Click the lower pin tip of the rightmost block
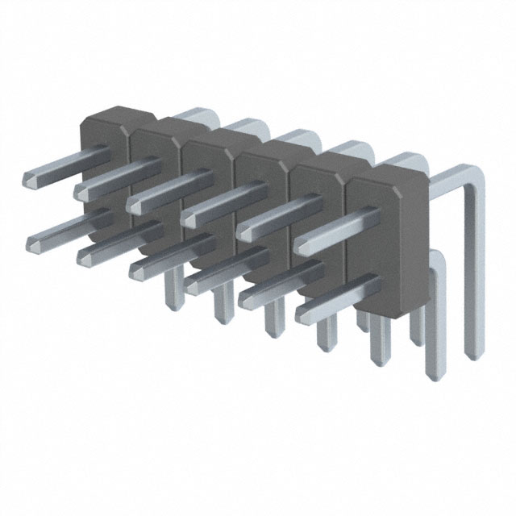pos(303,310)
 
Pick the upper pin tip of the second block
pos(81,192)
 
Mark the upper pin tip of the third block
pos(134,205)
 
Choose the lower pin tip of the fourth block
pos(192,284)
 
